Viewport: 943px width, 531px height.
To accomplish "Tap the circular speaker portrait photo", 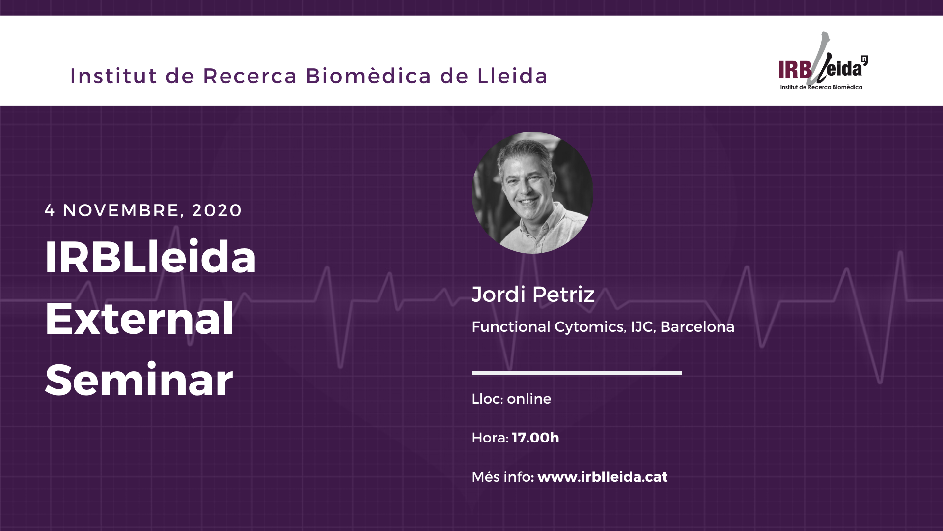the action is [532, 193].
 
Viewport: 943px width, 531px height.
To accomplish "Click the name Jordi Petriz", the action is [533, 294].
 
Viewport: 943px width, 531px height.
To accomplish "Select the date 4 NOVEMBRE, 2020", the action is [143, 210].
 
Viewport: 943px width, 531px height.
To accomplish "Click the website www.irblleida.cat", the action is [603, 477].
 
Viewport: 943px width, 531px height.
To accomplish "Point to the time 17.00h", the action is [535, 438].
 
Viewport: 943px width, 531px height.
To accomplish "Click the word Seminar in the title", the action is [139, 380].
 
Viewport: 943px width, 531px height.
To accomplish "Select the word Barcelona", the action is [697, 327].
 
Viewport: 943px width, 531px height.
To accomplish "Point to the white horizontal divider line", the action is [577, 373].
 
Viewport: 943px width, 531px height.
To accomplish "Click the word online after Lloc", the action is [529, 399].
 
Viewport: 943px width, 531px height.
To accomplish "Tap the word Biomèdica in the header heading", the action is [368, 76].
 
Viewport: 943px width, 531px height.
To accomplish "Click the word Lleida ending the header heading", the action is [512, 76].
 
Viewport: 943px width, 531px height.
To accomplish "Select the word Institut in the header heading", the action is [113, 76].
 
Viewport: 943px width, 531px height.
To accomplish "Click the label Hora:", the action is [490, 438].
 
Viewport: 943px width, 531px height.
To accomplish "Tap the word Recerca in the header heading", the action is [250, 76].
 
